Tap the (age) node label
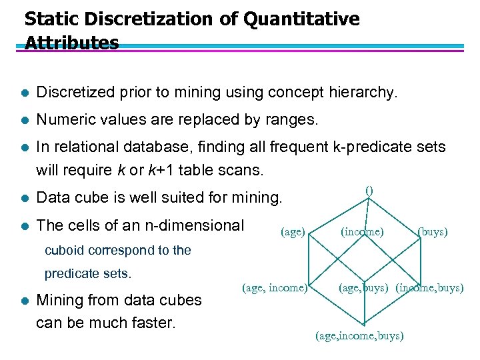coord(293,232)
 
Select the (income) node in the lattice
coord(362,232)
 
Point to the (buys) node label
coord(432,232)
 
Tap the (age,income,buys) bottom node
coord(359,335)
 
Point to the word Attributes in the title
coord(71,43)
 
